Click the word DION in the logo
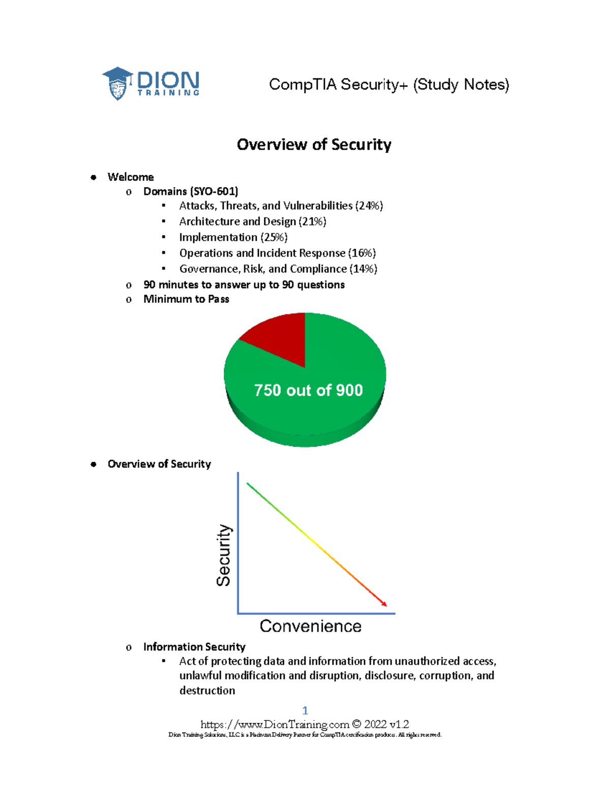coord(168,80)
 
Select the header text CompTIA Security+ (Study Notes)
coord(389,84)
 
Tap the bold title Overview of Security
coord(314,145)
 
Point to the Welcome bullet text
coord(131,177)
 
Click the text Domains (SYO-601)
coord(191,192)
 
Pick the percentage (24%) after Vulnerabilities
coord(369,206)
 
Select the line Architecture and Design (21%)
coord(253,222)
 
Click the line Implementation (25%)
coord(233,237)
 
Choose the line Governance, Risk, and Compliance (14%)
coord(278,269)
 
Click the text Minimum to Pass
coord(186,299)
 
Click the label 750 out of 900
coord(308,390)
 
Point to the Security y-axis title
coord(224,555)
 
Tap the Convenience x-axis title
coord(311,626)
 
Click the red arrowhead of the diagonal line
coord(384,603)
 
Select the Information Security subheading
coord(194,647)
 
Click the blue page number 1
coord(305,710)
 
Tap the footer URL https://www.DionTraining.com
coord(274,724)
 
